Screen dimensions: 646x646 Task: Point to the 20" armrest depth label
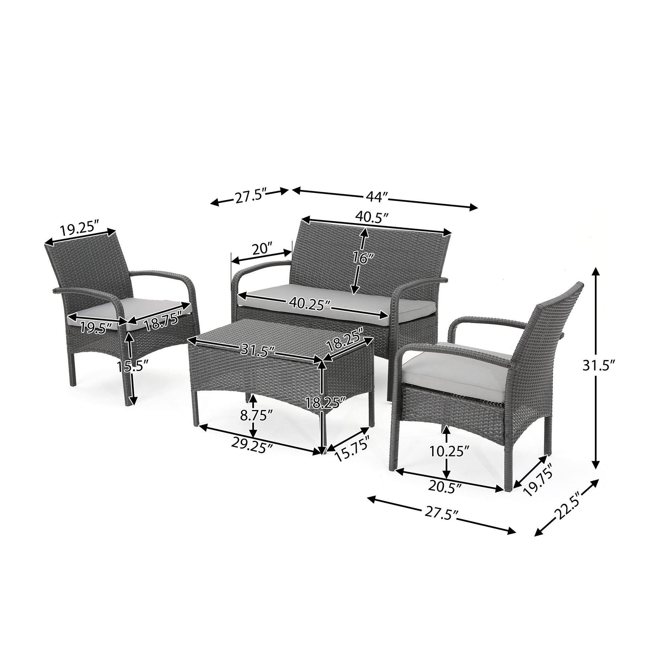[x=262, y=249]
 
